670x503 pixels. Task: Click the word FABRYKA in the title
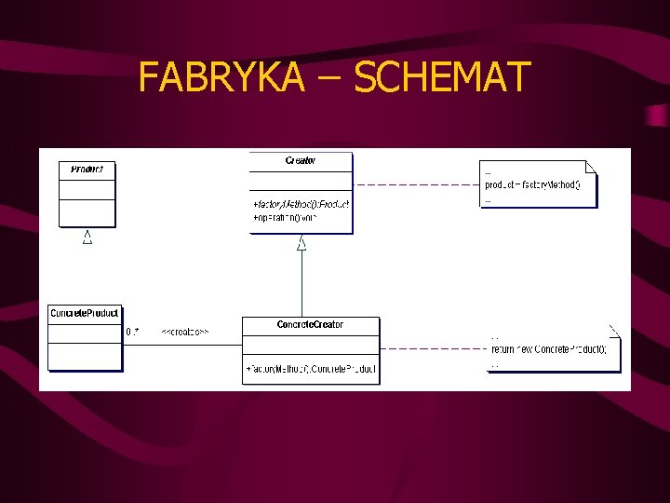(x=221, y=77)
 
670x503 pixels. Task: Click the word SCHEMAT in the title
(x=442, y=77)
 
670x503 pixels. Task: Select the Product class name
(x=87, y=170)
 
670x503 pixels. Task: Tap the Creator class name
(x=301, y=160)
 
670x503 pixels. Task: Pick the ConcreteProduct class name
(x=85, y=313)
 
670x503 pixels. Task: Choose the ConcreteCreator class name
(x=310, y=324)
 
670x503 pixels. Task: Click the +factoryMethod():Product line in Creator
(x=301, y=203)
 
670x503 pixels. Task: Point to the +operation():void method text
(x=284, y=217)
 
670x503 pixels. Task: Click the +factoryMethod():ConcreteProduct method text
(x=311, y=370)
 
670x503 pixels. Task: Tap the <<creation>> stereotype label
(x=185, y=332)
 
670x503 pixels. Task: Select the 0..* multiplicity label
(x=132, y=332)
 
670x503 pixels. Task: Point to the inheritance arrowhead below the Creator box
(x=301, y=244)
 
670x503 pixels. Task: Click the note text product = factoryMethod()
(x=532, y=184)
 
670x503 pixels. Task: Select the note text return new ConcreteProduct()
(x=549, y=349)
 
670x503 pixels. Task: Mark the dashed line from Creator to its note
(x=416, y=184)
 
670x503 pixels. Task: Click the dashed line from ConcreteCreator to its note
(x=433, y=348)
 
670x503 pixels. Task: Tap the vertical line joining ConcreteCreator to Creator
(x=301, y=284)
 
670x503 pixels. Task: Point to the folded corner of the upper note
(x=592, y=168)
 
